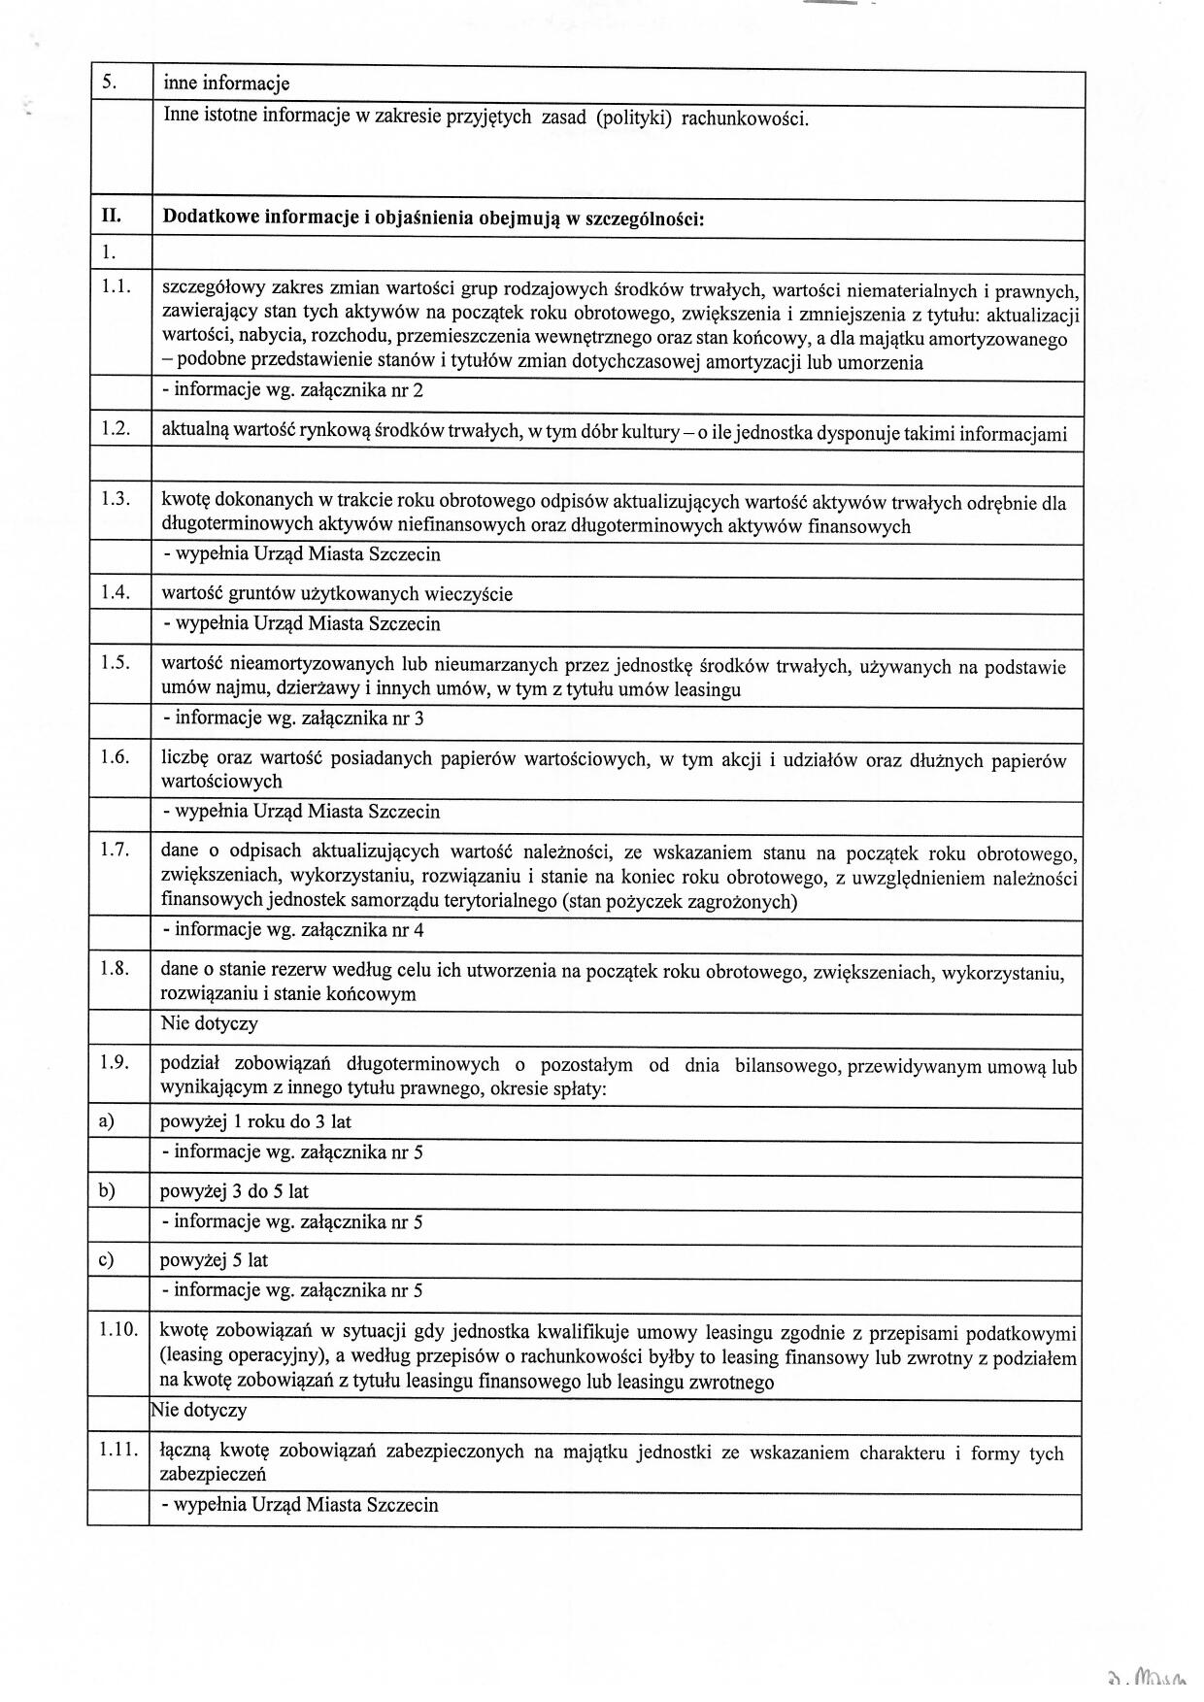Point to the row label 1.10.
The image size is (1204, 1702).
point(117,1329)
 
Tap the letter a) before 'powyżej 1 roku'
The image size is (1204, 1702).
point(106,1121)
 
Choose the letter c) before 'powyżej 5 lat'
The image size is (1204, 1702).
point(106,1260)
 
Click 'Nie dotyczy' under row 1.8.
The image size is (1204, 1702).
point(210,1023)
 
